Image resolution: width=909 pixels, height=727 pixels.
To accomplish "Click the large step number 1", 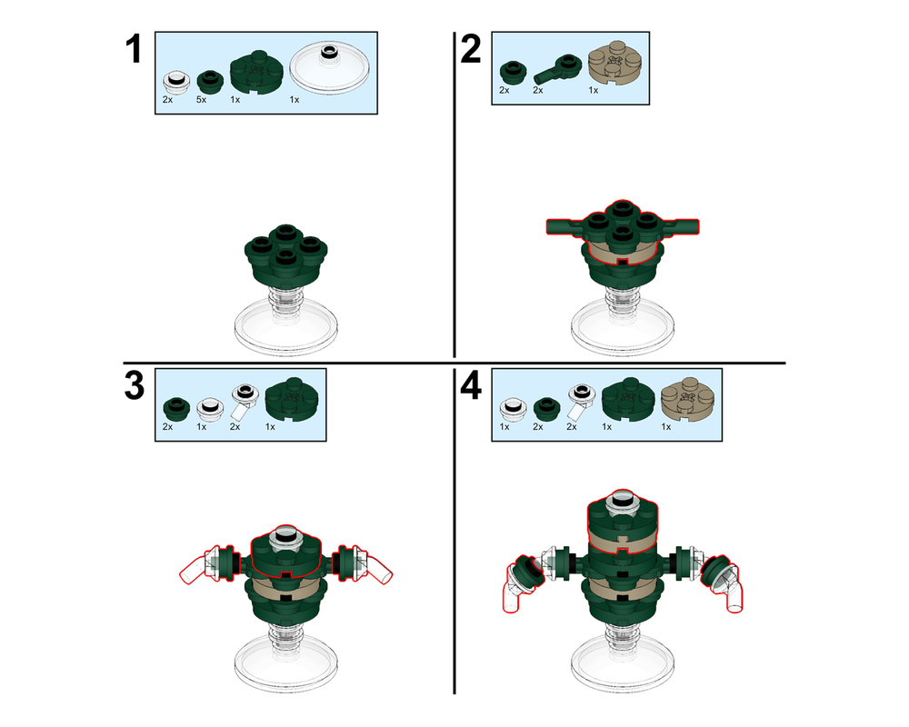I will [133, 49].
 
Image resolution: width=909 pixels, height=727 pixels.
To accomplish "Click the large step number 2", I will [470, 49].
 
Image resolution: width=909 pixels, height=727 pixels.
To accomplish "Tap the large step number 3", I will [134, 385].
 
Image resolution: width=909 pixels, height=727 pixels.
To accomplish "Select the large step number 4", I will [470, 385].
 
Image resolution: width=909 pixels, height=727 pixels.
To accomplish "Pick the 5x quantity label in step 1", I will [201, 99].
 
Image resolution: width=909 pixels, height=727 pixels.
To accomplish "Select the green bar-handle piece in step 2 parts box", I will [557, 69].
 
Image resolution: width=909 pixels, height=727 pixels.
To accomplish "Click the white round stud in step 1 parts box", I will [175, 82].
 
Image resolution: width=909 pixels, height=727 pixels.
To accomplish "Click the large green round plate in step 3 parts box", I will [291, 401].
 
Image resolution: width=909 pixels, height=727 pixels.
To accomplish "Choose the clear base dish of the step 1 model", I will [287, 326].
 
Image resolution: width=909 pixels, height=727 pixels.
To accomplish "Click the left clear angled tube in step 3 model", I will [195, 569].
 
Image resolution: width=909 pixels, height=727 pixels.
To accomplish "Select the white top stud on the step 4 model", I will [624, 496].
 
